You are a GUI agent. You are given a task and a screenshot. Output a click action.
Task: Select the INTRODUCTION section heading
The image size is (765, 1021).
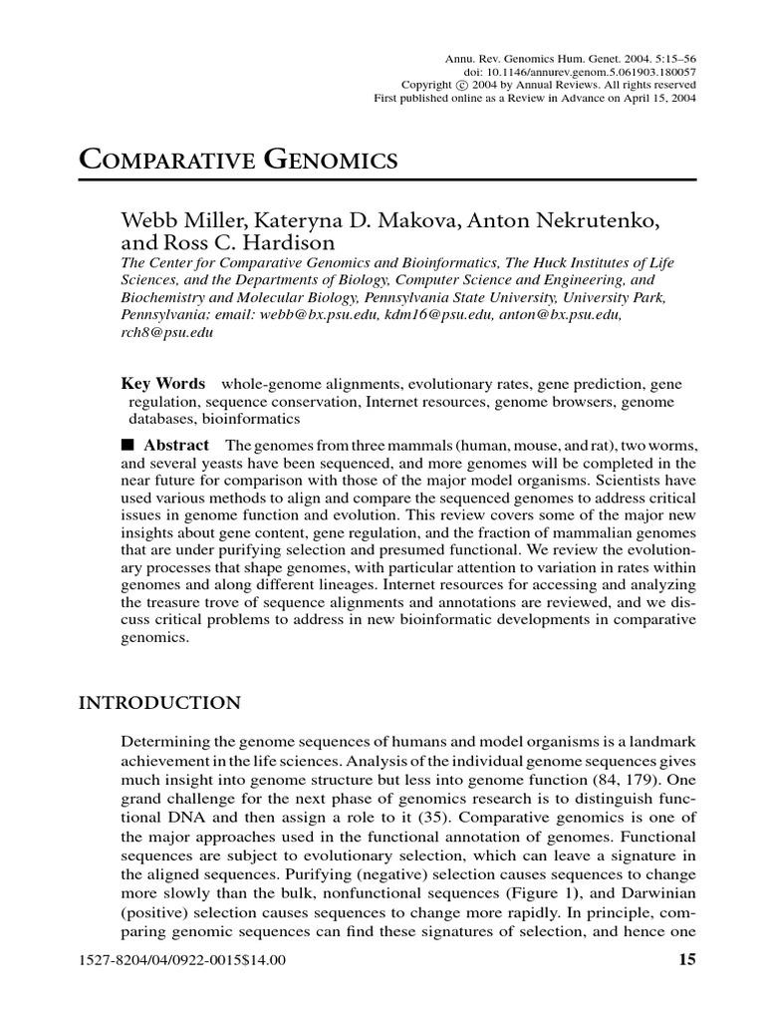159,704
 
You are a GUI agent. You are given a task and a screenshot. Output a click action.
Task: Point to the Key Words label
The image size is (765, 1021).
163,383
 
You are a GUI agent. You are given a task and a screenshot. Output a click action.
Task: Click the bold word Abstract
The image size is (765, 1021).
176,446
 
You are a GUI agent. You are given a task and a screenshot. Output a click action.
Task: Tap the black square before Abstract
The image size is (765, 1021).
127,446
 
